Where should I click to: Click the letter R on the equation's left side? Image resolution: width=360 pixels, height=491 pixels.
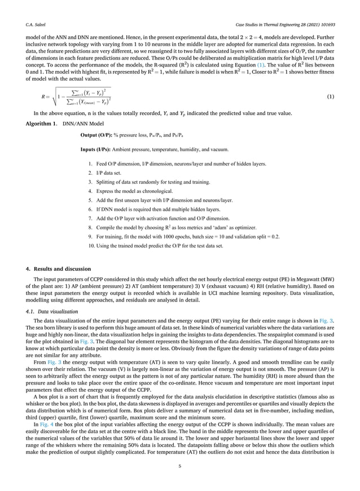(x=37, y=96)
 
